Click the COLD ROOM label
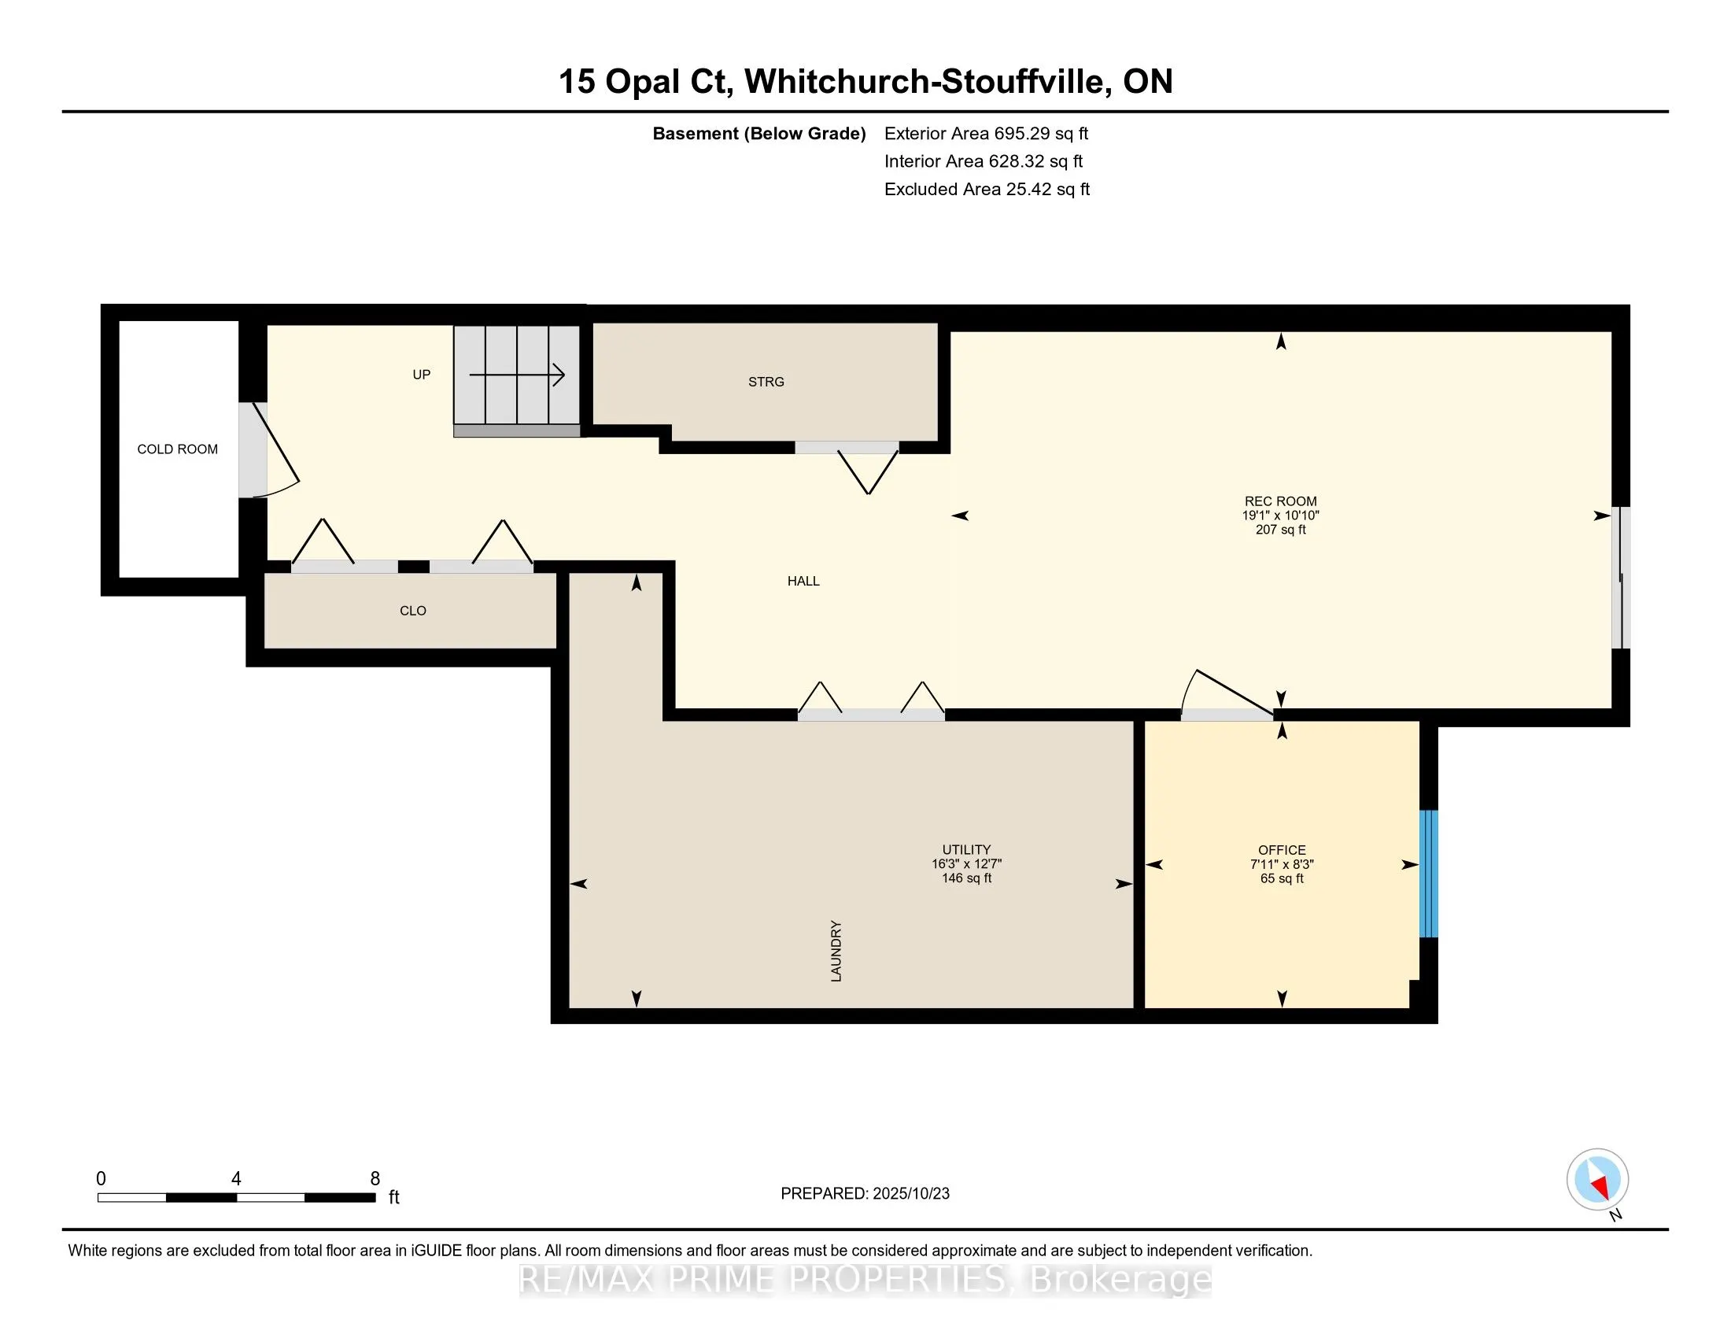177,449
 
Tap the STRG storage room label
766,382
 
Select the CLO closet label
413,611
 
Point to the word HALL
803,581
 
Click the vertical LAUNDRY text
836,952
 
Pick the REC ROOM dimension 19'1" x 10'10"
1280,516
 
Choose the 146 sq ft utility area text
966,878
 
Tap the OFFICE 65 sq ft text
1282,878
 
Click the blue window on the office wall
1427,874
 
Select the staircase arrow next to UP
517,375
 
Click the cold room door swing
274,452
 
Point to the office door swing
1224,693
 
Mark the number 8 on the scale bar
375,1179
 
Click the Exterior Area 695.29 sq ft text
986,133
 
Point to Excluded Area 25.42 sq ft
987,189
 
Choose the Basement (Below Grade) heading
758,133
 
